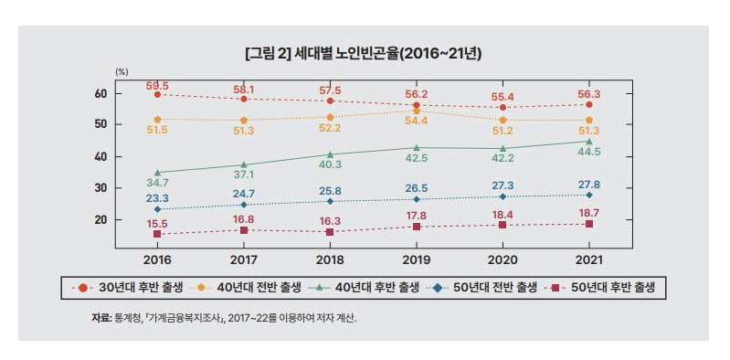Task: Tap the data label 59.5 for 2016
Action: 157,86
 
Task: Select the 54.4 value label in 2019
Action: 416,121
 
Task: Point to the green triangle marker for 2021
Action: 589,142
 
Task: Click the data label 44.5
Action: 589,153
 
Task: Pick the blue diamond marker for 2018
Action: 330,201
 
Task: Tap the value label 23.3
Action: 157,197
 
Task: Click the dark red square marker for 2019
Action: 416,227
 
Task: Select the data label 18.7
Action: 589,212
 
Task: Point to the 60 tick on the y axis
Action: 101,93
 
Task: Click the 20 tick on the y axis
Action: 101,220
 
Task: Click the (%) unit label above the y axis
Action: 120,71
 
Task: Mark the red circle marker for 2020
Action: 503,108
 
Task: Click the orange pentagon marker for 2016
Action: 157,120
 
